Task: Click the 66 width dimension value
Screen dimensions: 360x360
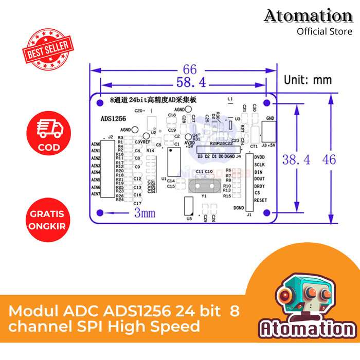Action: (x=190, y=69)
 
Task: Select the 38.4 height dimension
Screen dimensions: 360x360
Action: (x=296, y=160)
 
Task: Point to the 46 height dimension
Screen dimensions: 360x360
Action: (x=329, y=159)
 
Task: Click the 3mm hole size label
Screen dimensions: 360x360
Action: (x=145, y=213)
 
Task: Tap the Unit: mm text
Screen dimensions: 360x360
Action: (x=308, y=80)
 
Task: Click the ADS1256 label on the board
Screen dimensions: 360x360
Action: (x=114, y=118)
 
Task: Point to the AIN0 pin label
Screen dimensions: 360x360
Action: (x=95, y=144)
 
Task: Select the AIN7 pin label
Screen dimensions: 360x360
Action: (x=95, y=194)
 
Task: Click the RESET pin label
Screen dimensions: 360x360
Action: (x=260, y=200)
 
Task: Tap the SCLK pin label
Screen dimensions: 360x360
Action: (x=259, y=165)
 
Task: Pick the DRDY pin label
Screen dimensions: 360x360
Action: (x=259, y=186)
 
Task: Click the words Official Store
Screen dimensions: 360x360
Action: (x=325, y=32)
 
